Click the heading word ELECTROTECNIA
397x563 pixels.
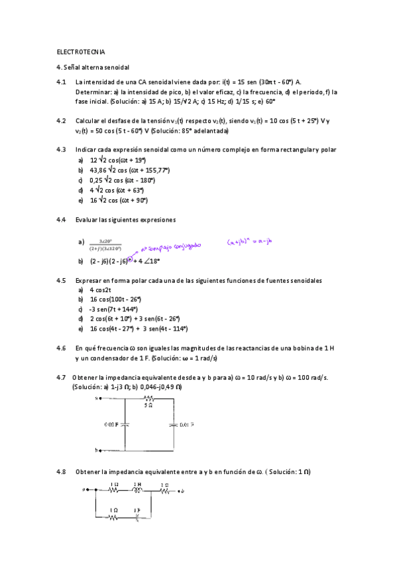[x=81, y=51]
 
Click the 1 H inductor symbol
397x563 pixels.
[x=137, y=491]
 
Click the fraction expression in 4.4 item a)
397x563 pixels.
[x=105, y=244]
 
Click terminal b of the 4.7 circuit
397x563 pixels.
[x=97, y=450]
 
